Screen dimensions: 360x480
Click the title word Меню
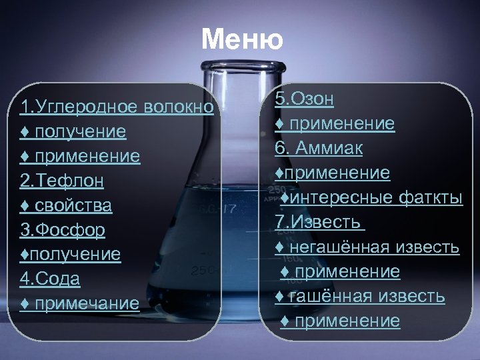241,40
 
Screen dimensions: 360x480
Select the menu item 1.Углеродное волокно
117,107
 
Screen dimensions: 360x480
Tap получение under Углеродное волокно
73,131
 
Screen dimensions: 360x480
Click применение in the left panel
80,156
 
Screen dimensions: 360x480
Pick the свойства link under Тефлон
66,205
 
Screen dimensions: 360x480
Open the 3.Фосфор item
63,230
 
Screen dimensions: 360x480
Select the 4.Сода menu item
50,279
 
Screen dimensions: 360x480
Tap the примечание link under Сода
80,304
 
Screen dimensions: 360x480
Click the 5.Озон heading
305,99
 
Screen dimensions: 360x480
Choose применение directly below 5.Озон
335,124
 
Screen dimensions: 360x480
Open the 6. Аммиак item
319,148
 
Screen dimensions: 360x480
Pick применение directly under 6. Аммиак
333,173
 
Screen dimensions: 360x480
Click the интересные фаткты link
371,198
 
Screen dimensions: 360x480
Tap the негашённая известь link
367,247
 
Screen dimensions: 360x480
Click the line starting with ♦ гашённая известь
360,296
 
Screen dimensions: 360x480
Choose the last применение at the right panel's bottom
340,321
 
